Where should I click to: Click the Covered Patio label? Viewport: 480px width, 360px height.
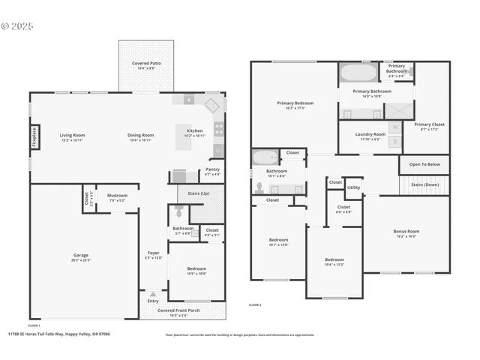(146, 64)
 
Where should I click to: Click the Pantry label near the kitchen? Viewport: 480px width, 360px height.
(213, 169)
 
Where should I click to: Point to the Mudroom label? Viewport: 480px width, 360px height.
(117, 196)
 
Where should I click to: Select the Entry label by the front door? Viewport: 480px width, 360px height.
(153, 301)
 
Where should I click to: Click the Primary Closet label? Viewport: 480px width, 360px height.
(429, 124)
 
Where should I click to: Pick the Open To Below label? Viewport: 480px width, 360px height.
(424, 163)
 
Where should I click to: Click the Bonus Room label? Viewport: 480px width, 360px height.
(406, 231)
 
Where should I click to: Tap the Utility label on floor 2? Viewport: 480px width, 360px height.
(353, 187)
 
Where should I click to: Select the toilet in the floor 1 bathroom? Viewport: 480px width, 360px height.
(177, 214)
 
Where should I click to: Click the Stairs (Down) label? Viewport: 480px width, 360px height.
(425, 184)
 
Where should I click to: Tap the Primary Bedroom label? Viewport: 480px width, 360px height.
(295, 103)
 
